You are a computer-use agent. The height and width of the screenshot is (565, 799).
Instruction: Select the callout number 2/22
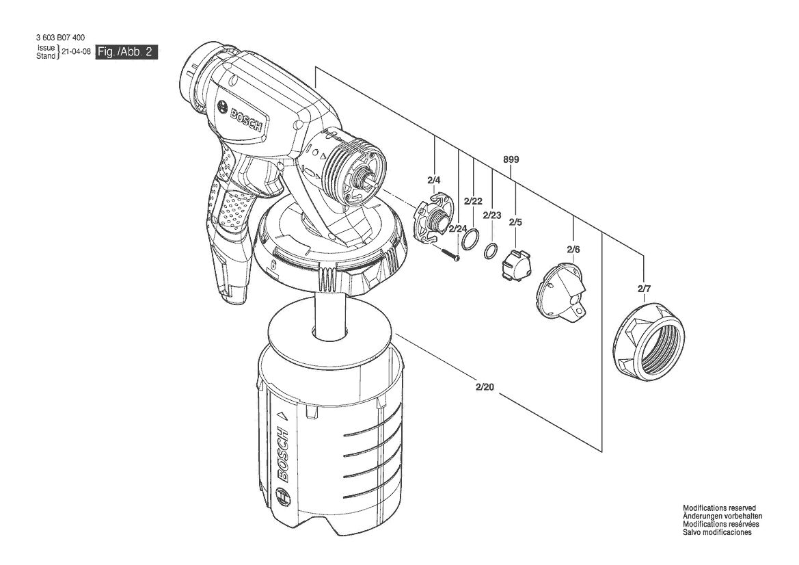(x=473, y=201)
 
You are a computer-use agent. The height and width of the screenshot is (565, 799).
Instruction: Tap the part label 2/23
(x=492, y=215)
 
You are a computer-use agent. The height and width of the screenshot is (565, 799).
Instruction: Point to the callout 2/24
(x=457, y=228)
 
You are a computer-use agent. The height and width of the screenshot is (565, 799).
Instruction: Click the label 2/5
(x=515, y=222)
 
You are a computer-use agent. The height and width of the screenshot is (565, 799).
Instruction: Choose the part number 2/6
(x=573, y=250)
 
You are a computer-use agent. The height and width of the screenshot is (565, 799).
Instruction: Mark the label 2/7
(x=644, y=289)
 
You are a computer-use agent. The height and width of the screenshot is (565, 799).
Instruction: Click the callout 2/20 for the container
(x=485, y=387)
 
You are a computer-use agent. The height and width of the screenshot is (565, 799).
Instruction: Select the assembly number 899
(x=511, y=159)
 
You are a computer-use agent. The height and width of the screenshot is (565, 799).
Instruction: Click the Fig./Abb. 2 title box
(x=126, y=52)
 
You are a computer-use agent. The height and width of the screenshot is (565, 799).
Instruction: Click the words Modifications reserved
(x=719, y=508)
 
